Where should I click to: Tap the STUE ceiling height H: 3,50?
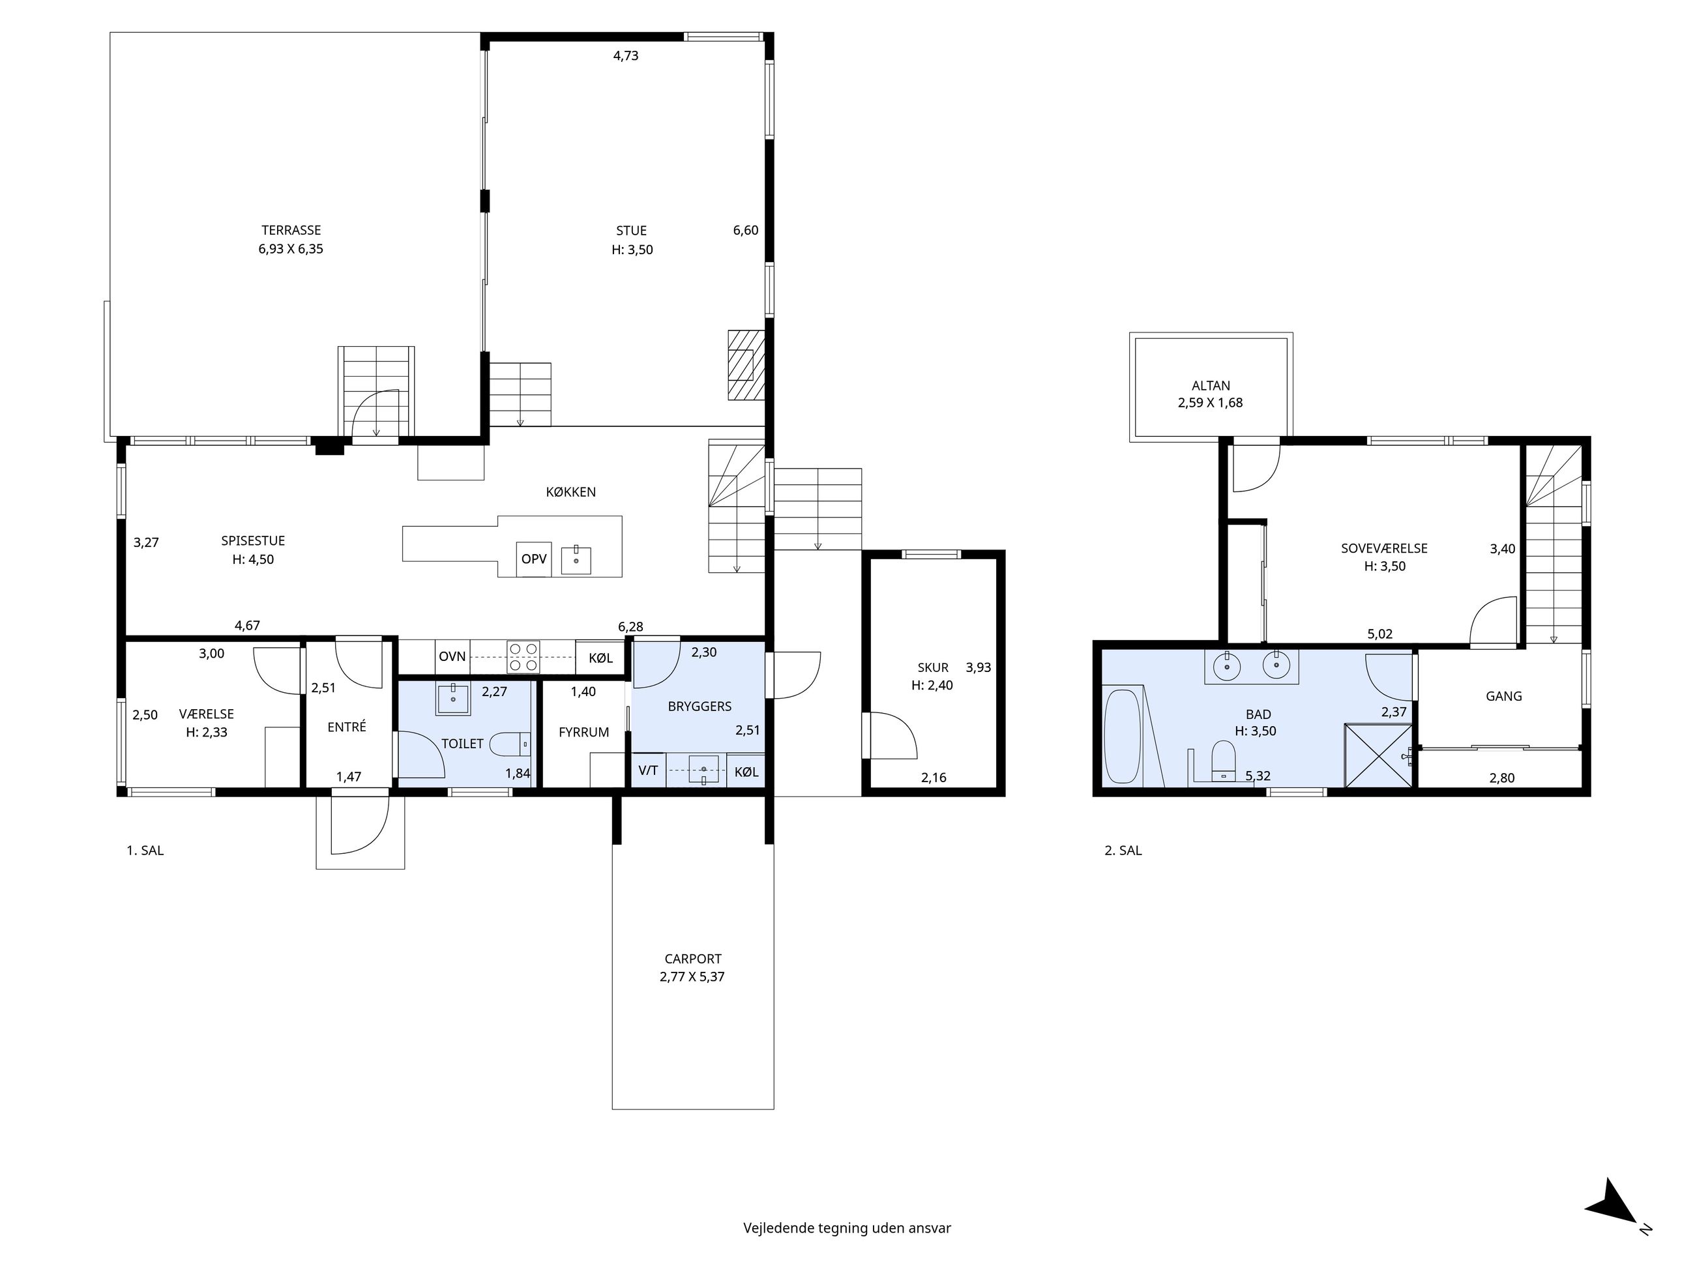click(632, 250)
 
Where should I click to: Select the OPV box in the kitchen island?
click(533, 559)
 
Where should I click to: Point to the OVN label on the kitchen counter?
click(452, 656)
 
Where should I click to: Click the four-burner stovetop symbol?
click(523, 657)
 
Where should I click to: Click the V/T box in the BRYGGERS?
click(647, 770)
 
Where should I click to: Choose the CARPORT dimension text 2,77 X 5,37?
click(692, 977)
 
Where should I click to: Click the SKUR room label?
click(932, 667)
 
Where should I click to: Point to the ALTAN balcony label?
click(1211, 386)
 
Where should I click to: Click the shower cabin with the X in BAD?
click(1378, 755)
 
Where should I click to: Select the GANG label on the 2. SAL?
click(1503, 696)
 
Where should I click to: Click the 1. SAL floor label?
click(145, 851)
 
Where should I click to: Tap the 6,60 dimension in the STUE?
click(744, 231)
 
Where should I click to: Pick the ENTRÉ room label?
click(346, 727)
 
